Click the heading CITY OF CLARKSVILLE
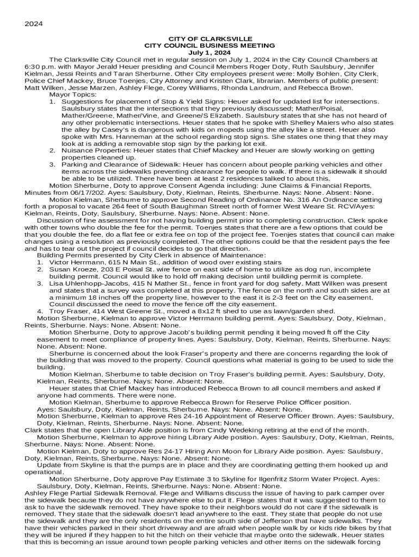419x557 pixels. [x=209, y=39]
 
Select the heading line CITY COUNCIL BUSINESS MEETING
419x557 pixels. [x=209, y=46]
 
